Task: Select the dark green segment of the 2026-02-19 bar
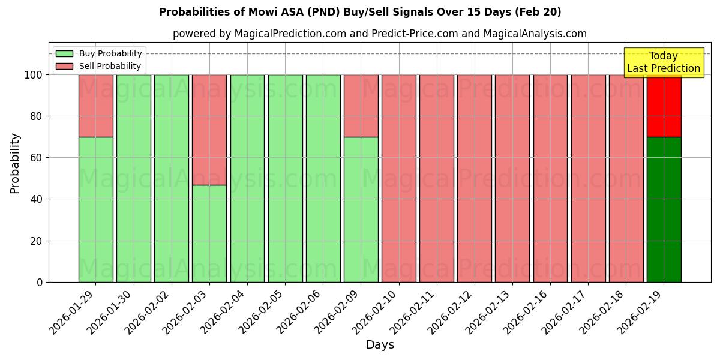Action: click(x=664, y=209)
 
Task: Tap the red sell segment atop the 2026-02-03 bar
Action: click(x=209, y=130)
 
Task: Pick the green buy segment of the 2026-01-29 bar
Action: click(x=95, y=209)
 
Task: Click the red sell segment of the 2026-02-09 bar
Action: click(x=361, y=106)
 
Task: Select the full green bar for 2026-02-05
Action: click(x=285, y=178)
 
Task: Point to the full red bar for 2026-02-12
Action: click(x=474, y=178)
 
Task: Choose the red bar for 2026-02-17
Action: click(x=588, y=178)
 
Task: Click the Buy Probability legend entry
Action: click(x=100, y=53)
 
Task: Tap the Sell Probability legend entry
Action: click(x=100, y=66)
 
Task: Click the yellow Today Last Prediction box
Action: click(x=663, y=62)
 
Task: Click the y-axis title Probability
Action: click(x=15, y=163)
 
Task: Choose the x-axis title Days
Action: click(x=380, y=345)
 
